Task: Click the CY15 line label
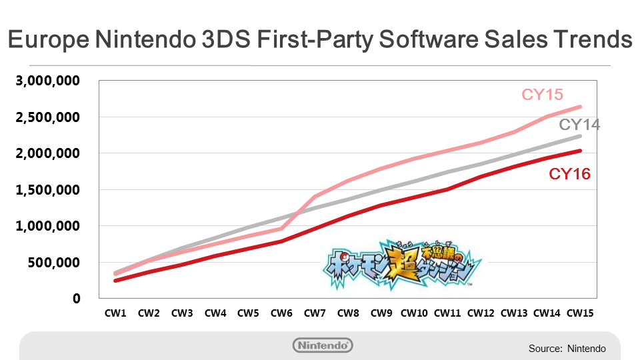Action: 544,95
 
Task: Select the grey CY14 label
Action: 579,125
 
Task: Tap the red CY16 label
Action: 569,175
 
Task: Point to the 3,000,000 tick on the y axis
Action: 47,81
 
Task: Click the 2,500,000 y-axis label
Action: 47,117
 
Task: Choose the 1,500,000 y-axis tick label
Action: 47,190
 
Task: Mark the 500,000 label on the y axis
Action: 53,263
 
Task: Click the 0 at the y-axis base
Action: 77,299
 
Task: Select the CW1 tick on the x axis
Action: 115,312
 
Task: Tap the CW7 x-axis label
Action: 315,312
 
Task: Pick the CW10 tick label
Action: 413,312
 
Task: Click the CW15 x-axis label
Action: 580,312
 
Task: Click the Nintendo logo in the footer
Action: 323,345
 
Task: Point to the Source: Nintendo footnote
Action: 567,348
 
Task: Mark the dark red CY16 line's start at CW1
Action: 115,281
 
